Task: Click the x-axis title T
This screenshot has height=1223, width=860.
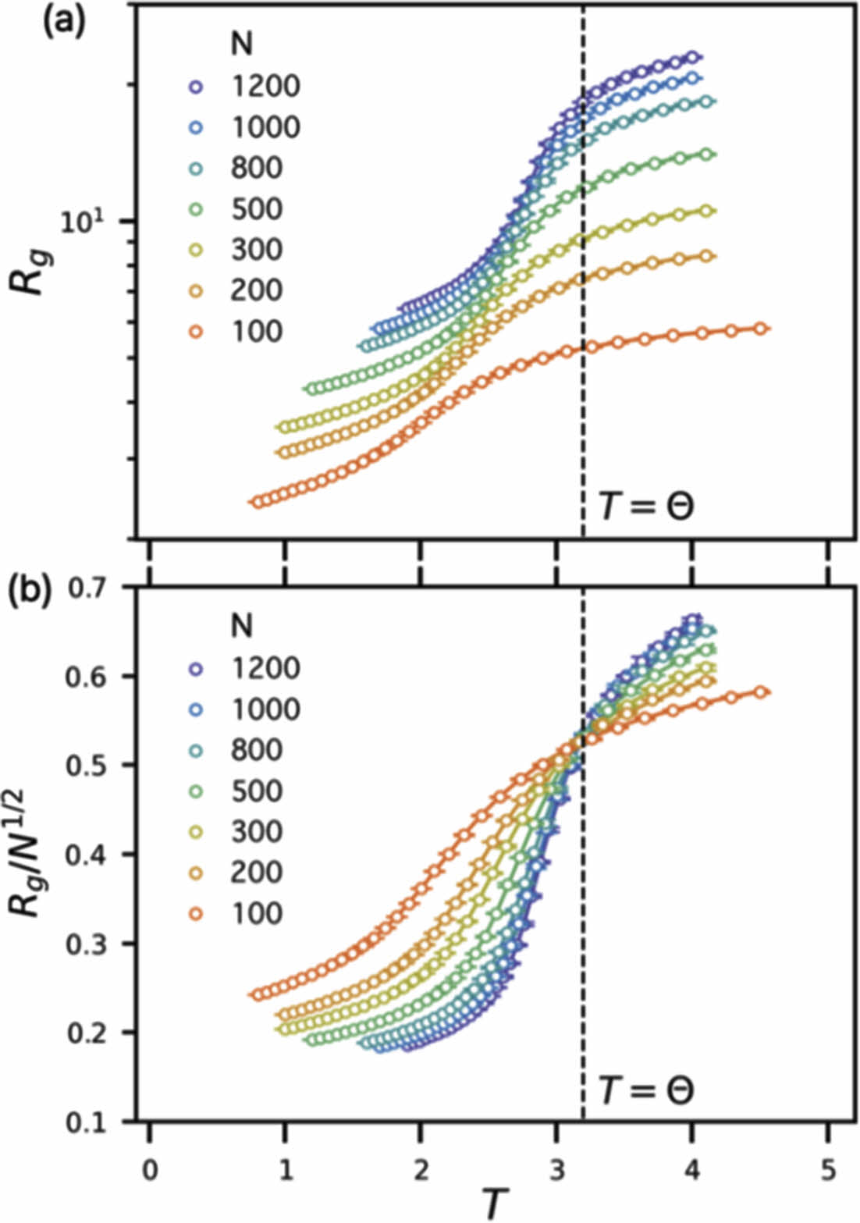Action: coord(492,1203)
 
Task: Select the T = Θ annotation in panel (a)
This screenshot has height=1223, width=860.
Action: coord(646,507)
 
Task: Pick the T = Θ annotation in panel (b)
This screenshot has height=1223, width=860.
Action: coord(646,1090)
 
